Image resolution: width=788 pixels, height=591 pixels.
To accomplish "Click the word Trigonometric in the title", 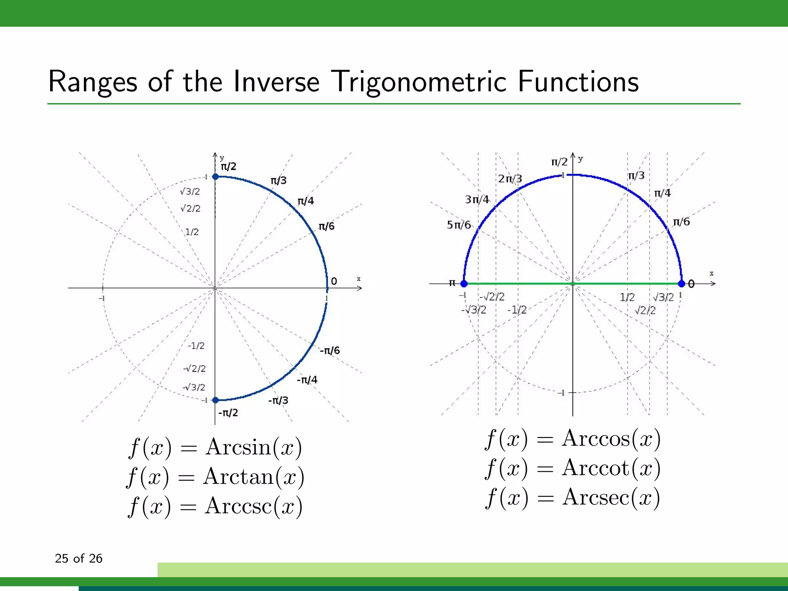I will [419, 82].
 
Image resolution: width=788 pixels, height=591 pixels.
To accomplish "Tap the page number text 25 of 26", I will [78, 558].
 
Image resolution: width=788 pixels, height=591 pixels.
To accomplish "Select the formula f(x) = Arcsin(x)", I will [215, 447].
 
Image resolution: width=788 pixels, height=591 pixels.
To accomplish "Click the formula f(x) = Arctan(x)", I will [215, 477].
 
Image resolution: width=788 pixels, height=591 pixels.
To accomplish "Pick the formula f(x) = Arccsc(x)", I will [215, 506].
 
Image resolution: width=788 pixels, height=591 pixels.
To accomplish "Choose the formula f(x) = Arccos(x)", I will [573, 439].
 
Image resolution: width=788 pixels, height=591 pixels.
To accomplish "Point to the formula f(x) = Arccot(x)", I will [573, 468].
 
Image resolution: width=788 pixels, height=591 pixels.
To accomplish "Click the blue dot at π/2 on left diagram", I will [215, 177].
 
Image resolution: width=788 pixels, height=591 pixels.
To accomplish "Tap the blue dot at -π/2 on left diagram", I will [215, 400].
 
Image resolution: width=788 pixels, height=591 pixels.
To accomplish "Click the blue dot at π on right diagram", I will [464, 284].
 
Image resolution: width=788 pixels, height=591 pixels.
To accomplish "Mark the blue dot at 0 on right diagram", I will [681, 284].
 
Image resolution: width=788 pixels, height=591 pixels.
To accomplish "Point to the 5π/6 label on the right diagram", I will [459, 225].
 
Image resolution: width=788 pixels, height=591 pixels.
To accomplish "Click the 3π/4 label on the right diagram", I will [477, 199].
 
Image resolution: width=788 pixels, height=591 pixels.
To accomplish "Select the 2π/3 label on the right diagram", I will [510, 179].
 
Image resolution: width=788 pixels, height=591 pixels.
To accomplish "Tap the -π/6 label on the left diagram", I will [330, 350].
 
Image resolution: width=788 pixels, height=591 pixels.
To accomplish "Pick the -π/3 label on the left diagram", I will [278, 401].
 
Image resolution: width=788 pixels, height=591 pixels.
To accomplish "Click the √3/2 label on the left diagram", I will [190, 191].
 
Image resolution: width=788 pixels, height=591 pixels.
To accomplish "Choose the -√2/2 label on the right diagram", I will [492, 297].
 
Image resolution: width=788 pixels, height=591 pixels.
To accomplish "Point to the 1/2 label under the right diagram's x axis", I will [627, 297].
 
